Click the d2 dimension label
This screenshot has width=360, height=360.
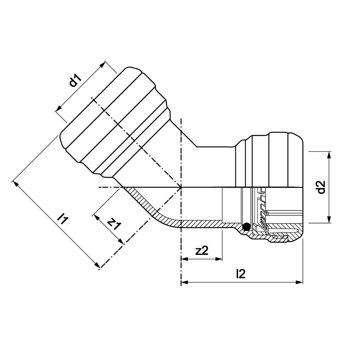321,187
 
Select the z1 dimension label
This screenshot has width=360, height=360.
114,224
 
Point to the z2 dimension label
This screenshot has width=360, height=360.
202,251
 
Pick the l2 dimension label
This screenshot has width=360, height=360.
240,274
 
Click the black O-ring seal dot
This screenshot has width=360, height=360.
246,227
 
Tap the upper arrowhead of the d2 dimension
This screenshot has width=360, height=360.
329,155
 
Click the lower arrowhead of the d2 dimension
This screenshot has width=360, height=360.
329,219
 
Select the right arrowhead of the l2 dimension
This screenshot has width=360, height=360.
300,282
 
